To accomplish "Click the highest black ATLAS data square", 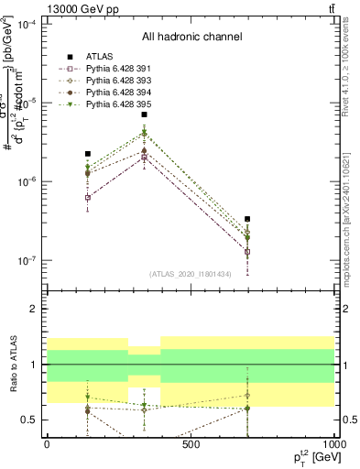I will point(145,115).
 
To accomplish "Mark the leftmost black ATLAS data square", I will point(88,154).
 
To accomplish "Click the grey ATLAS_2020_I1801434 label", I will point(191,274).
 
